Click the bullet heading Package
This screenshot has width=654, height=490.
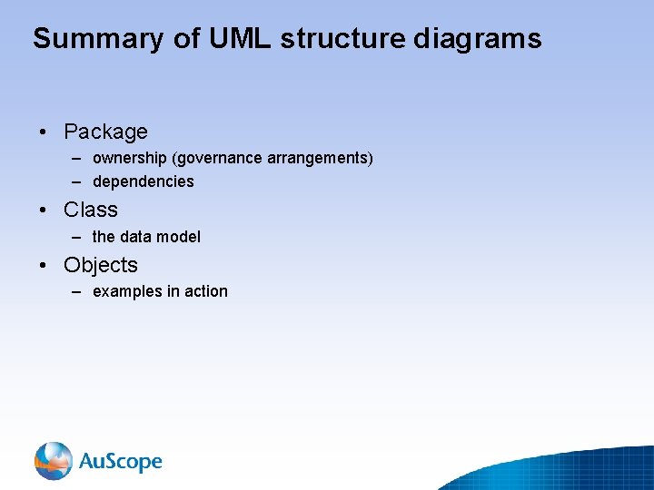[105, 132]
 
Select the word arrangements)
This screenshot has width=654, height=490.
[320, 159]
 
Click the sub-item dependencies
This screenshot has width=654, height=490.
[143, 181]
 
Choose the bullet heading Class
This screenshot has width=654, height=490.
[91, 210]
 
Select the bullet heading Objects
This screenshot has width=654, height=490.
[101, 265]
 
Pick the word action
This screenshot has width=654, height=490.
[206, 291]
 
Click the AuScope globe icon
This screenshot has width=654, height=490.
[54, 461]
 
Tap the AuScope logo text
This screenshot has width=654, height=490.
[120, 462]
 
